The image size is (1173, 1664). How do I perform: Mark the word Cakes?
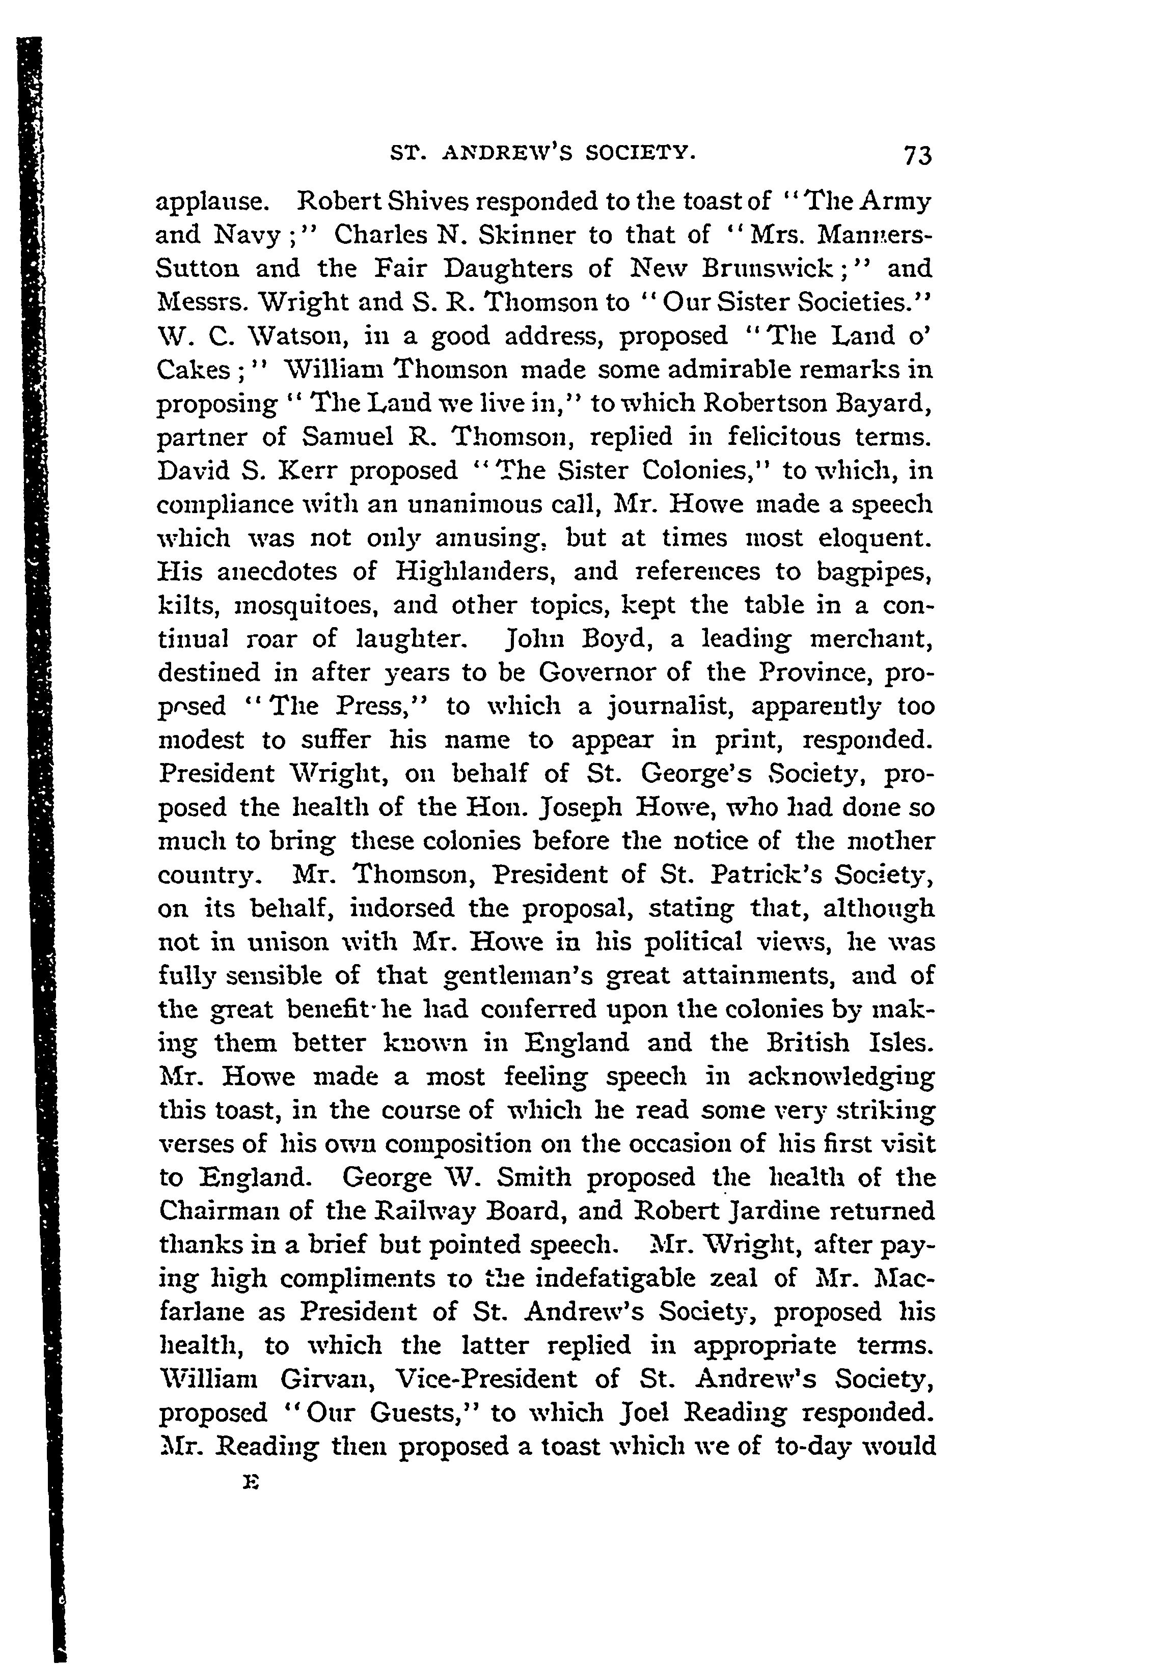(194, 370)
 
